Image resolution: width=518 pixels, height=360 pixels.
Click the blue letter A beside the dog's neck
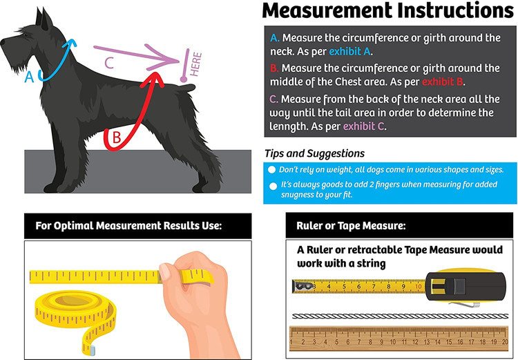click(x=29, y=77)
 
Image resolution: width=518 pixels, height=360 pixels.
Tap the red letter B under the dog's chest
click(x=117, y=138)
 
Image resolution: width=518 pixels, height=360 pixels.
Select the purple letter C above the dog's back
click(x=109, y=63)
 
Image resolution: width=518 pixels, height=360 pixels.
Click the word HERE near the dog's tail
click(x=195, y=64)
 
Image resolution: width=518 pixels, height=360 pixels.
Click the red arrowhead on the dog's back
click(x=153, y=79)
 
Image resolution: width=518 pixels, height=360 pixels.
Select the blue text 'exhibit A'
click(x=349, y=52)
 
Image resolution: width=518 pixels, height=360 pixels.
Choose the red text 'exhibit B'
click(x=443, y=82)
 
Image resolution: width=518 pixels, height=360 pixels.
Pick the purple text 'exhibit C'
click(x=364, y=126)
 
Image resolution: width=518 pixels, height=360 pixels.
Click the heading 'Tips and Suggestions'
click(x=314, y=153)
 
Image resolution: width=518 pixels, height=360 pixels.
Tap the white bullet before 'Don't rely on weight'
click(x=272, y=170)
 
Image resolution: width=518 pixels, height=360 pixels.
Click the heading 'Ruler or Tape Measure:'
click(x=351, y=226)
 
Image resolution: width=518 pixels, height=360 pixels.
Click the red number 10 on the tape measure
click(x=419, y=286)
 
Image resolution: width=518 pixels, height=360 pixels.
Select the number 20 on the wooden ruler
click(x=505, y=342)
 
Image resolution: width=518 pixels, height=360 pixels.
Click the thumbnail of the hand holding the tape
click(x=137, y=299)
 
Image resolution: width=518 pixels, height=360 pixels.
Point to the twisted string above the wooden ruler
click(x=401, y=316)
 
